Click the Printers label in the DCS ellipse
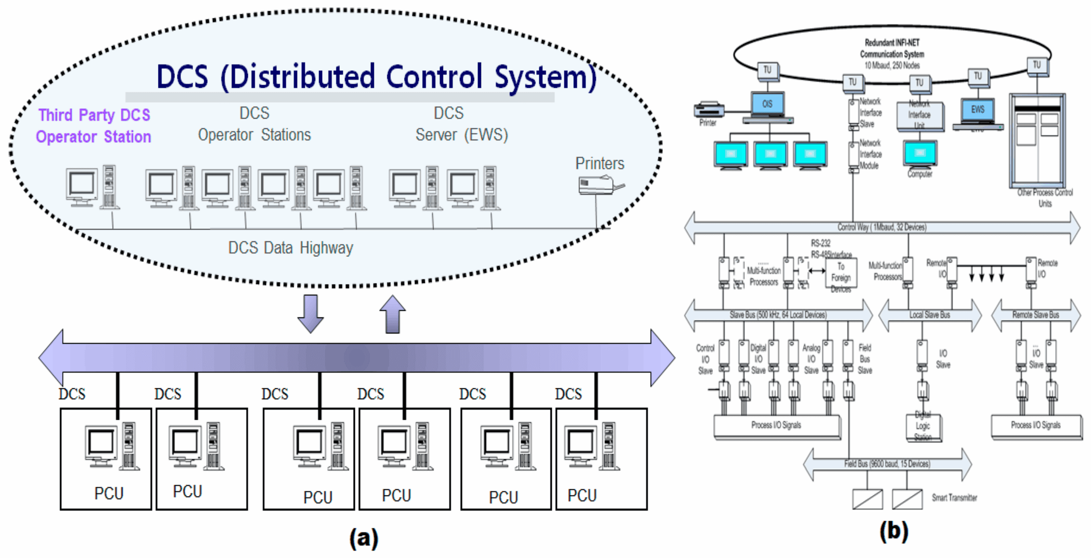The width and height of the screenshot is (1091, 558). click(x=599, y=164)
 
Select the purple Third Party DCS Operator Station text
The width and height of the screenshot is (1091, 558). click(x=93, y=126)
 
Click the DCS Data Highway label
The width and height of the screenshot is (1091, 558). click(x=291, y=248)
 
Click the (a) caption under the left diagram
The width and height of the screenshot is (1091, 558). click(x=364, y=538)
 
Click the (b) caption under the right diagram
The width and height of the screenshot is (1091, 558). click(x=893, y=531)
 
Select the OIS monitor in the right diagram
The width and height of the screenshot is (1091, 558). click(x=767, y=104)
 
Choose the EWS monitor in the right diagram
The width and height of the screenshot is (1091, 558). click(x=978, y=110)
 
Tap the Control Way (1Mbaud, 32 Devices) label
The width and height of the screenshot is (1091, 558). click(x=882, y=227)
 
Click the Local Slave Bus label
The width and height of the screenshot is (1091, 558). click(x=930, y=315)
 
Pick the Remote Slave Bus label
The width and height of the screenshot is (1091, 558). click(x=1036, y=315)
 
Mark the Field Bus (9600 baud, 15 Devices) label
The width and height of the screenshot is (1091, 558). click(x=887, y=464)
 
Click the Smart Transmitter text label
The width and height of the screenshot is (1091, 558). click(x=954, y=498)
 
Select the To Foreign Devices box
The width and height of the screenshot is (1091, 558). click(x=840, y=278)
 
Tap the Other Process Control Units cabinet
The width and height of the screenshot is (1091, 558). click(x=1037, y=139)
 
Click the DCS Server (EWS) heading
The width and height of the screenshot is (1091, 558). click(x=461, y=124)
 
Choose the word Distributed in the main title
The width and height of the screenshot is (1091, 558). click(x=302, y=77)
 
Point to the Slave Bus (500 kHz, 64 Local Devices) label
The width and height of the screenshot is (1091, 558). click(x=778, y=315)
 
